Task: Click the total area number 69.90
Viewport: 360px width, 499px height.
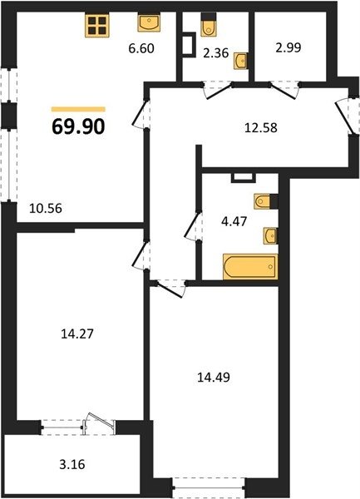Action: tap(78, 126)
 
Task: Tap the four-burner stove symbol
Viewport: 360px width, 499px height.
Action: tap(97, 26)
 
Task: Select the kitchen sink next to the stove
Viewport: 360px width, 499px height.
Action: tap(149, 22)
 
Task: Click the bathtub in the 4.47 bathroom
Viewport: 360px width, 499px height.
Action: tap(250, 267)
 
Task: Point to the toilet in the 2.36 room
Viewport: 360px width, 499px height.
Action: tap(209, 25)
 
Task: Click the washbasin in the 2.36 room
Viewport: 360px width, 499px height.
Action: tap(241, 61)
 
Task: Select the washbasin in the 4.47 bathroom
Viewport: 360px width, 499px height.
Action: tap(270, 236)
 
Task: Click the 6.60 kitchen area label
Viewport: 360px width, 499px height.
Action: tap(141, 49)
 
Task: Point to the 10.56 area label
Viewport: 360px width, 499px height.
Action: tap(46, 209)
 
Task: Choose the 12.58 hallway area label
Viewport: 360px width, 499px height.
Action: tap(261, 127)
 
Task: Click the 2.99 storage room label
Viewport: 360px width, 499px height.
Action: tap(288, 47)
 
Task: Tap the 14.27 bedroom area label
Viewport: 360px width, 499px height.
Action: tap(77, 333)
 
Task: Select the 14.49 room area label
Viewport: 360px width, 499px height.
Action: tap(214, 378)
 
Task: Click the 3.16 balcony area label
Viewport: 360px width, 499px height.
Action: tap(72, 464)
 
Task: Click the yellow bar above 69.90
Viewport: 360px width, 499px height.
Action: tap(78, 110)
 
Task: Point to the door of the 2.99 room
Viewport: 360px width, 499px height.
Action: tap(284, 90)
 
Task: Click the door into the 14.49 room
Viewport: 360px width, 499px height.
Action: tap(170, 288)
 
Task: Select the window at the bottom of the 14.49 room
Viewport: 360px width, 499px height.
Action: tap(209, 488)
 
